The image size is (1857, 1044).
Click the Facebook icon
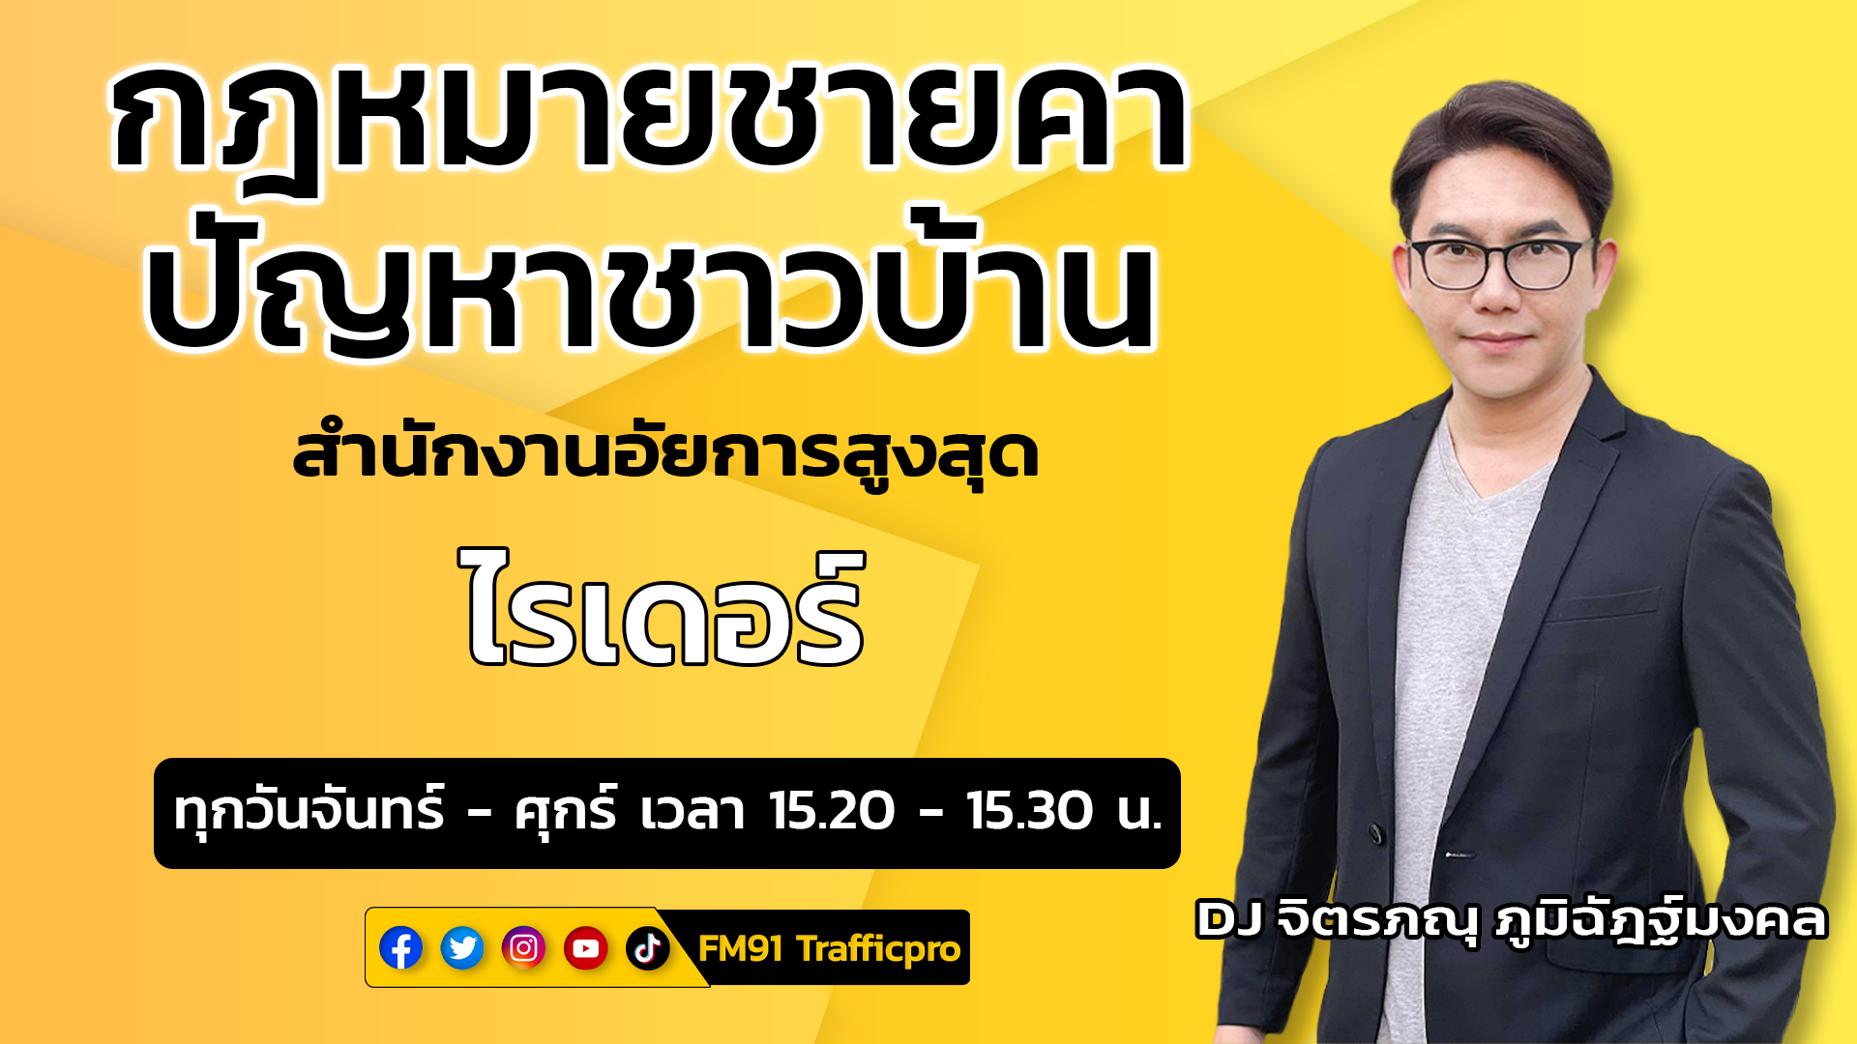pos(400,948)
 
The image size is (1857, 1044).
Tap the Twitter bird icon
pos(462,948)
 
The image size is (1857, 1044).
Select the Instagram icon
pos(524,948)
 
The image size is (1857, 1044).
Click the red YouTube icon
pos(586,948)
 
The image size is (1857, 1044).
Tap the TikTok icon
pos(648,948)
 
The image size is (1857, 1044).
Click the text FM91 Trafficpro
pos(829,949)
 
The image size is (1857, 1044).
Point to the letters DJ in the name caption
pos(1229,919)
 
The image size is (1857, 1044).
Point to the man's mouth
pos(1497,339)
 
